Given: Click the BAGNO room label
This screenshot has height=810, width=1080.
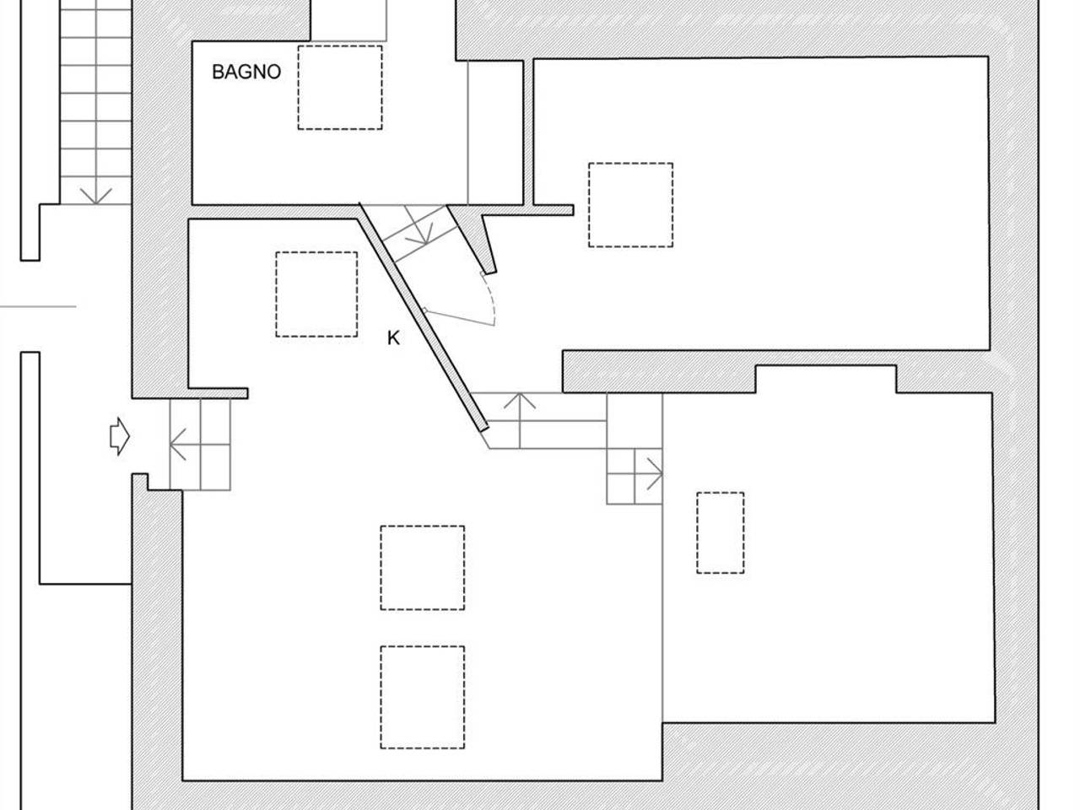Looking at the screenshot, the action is (246, 72).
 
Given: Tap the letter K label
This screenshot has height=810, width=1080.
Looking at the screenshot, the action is (393, 338).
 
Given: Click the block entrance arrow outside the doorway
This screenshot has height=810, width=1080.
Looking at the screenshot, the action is (120, 436).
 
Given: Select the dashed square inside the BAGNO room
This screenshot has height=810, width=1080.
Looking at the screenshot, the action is (340, 88).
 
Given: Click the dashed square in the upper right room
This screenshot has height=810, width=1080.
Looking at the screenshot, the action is (630, 204).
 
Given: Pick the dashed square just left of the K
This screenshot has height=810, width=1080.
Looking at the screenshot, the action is (316, 294).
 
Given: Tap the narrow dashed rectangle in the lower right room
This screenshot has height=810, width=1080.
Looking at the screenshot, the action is (720, 532).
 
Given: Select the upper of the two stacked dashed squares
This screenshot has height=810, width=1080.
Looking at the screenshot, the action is (422, 568).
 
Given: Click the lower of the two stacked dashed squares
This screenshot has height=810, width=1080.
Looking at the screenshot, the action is (422, 698).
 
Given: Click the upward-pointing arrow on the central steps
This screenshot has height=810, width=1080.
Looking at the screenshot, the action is (520, 420).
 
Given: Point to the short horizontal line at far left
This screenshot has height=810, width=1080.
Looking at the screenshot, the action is (38, 306).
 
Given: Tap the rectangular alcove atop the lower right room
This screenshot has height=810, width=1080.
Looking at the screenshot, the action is (826, 379).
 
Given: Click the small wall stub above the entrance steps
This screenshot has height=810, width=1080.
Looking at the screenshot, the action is (219, 393).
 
